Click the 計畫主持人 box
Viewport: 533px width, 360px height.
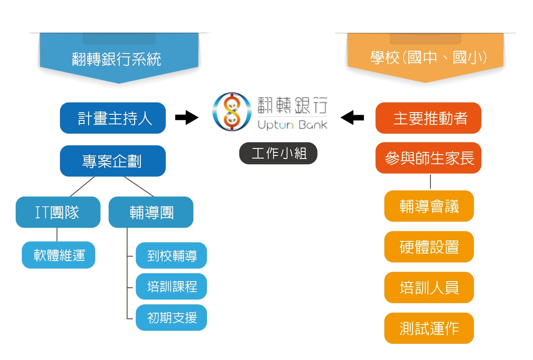click(113, 118)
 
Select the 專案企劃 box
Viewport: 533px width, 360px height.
click(113, 161)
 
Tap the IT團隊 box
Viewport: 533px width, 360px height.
click(58, 212)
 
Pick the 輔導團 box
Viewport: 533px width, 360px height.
click(151, 212)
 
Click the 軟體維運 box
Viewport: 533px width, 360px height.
click(58, 255)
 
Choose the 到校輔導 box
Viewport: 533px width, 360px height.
click(171, 255)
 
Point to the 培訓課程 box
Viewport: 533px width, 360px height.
click(171, 286)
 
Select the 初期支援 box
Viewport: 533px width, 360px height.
click(171, 318)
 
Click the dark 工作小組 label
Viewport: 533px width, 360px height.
click(278, 154)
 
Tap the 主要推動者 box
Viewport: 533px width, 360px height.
click(428, 118)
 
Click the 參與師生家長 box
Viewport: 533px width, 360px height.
click(428, 158)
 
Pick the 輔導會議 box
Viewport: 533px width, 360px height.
click(429, 206)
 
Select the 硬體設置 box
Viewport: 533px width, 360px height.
click(429, 247)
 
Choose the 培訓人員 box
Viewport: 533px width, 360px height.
click(429, 288)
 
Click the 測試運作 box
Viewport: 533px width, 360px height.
click(429, 328)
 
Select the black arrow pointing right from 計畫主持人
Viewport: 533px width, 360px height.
click(186, 117)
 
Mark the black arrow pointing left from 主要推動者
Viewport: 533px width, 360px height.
click(352, 117)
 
